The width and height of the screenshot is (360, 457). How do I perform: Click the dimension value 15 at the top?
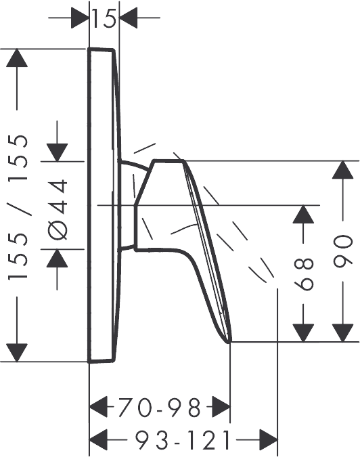[x=104, y=18]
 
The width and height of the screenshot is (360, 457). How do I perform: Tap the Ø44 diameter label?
[x=58, y=209]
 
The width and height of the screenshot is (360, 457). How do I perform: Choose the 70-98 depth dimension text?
[x=160, y=408]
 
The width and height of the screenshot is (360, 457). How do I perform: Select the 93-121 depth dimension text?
[x=183, y=440]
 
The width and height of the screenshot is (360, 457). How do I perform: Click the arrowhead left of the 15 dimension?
[x=80, y=18]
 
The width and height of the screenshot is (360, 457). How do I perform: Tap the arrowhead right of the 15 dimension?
[x=128, y=18]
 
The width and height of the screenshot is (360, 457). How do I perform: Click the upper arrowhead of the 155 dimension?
[x=17, y=58]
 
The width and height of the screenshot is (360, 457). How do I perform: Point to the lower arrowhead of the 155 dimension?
[x=17, y=353]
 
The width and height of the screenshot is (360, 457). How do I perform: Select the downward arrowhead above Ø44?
[x=58, y=152]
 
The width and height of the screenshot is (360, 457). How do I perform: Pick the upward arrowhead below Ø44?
[x=58, y=258]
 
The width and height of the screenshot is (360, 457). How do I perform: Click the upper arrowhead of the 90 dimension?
[x=343, y=170]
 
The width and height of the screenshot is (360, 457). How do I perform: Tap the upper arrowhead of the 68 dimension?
[x=303, y=214]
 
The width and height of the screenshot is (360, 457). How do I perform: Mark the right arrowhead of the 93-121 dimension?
[x=268, y=439]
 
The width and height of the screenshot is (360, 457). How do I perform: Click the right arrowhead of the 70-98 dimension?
[x=221, y=407]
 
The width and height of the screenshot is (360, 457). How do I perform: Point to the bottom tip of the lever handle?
[x=230, y=341]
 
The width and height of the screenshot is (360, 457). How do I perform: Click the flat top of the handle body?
[x=168, y=160]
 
